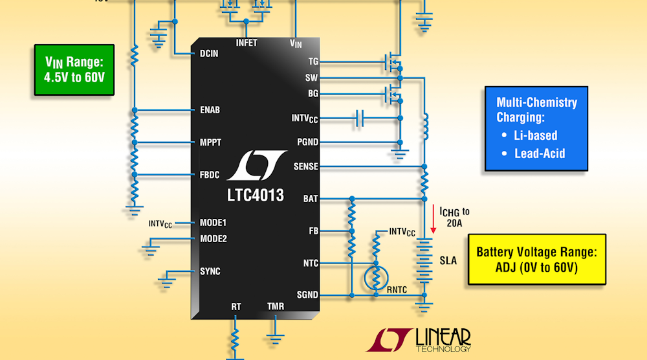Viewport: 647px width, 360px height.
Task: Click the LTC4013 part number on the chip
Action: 255,195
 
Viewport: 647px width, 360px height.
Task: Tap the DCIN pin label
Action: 209,54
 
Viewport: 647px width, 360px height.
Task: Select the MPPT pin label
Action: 210,142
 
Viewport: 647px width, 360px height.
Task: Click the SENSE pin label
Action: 305,166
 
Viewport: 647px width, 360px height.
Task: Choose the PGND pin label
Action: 307,142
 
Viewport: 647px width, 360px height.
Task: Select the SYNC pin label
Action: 210,271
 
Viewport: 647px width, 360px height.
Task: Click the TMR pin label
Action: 276,306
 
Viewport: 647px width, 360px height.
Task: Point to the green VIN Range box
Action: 75,69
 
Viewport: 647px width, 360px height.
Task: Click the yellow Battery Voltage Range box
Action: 536,260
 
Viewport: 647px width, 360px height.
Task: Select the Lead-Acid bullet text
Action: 540,153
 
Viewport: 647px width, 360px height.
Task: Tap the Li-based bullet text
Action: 536,135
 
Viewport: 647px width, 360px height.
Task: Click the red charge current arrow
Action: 433,220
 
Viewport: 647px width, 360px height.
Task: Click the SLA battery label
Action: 448,261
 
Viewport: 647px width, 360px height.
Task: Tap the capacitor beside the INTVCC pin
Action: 360,118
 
